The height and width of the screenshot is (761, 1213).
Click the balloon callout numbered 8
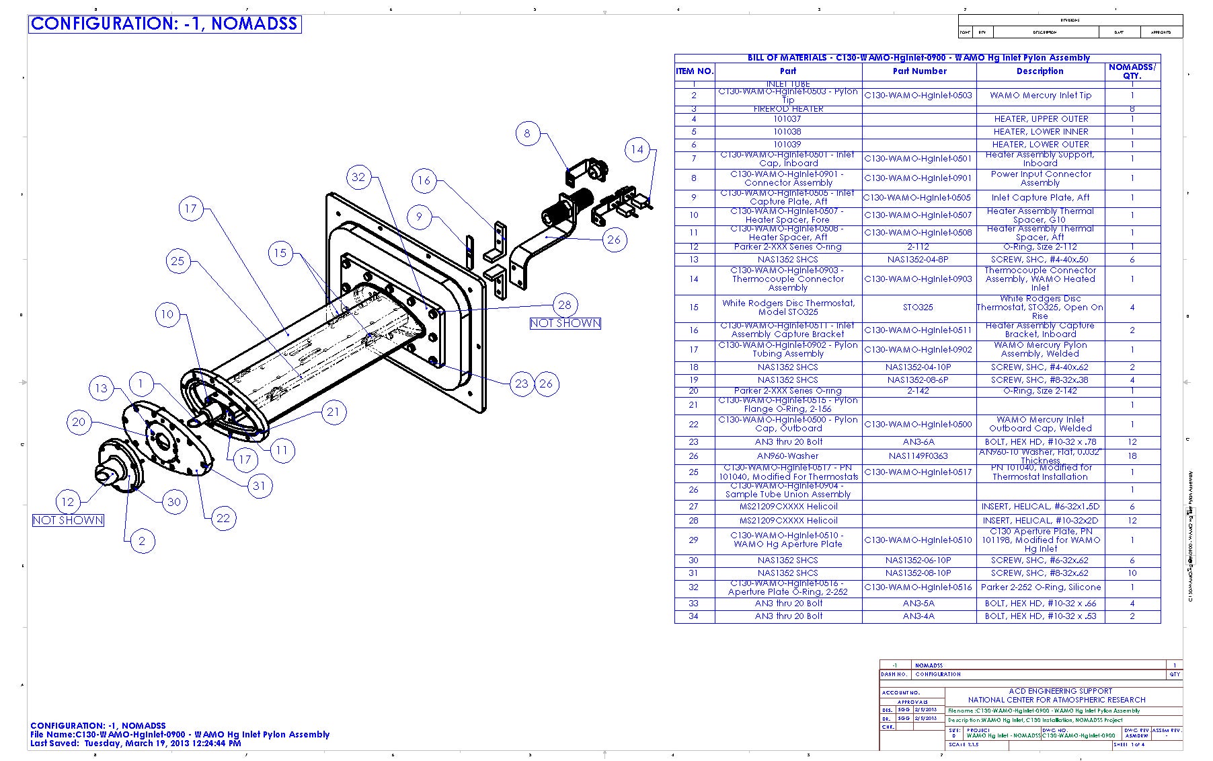tap(527, 133)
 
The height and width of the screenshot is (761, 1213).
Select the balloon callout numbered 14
tap(637, 149)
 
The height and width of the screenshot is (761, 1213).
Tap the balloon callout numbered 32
tap(358, 177)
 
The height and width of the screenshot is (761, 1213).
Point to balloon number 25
tap(178, 261)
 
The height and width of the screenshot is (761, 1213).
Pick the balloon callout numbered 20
tap(79, 422)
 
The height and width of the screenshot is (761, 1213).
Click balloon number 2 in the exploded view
tap(141, 541)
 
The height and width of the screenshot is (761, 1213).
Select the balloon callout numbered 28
tap(565, 305)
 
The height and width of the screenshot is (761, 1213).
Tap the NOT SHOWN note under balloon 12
tap(68, 520)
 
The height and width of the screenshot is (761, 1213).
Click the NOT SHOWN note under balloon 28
tap(565, 323)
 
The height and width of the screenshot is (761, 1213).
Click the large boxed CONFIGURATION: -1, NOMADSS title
tap(164, 24)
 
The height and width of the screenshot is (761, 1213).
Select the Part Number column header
tap(919, 71)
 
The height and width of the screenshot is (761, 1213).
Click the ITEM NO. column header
tap(695, 71)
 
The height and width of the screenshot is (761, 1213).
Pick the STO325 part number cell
tap(918, 307)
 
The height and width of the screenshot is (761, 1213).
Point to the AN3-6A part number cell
tap(918, 442)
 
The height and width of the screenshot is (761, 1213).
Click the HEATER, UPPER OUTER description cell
tap(1040, 119)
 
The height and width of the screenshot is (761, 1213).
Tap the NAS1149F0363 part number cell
tap(918, 456)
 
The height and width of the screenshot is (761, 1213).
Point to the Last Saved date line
tap(135, 744)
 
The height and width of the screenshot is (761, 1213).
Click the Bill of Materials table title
tap(918, 58)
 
